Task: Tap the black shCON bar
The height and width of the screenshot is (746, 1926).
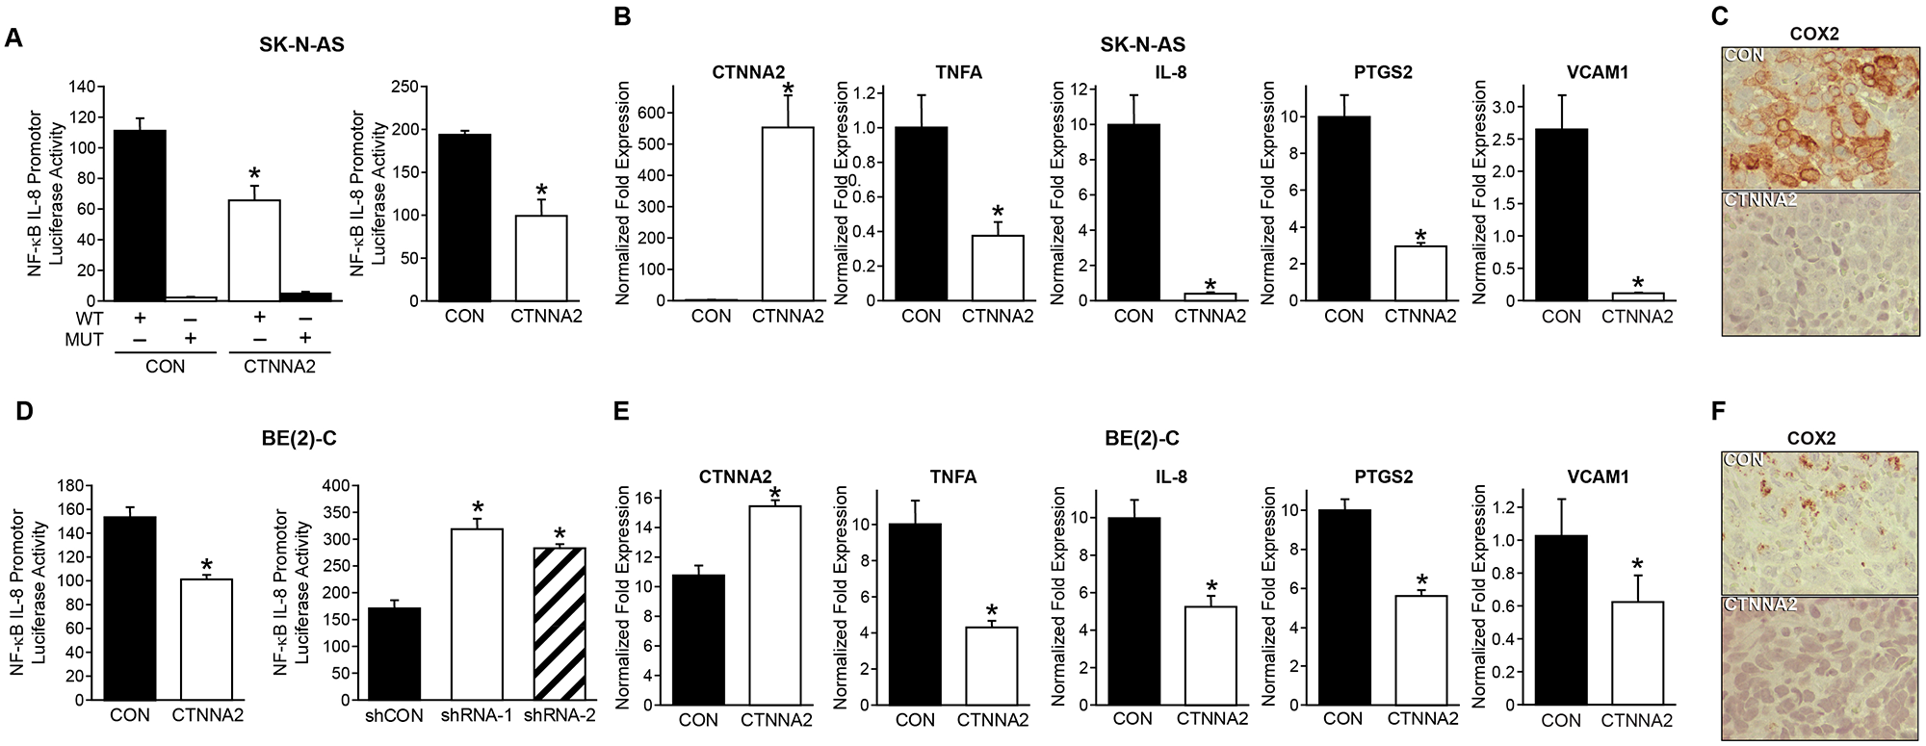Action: (394, 654)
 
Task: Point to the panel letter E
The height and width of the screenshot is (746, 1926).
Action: (622, 411)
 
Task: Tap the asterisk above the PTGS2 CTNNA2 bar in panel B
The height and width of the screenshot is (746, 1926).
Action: (1420, 236)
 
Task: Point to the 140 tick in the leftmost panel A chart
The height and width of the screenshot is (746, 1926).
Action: (82, 88)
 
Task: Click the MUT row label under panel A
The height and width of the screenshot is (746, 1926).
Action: (84, 340)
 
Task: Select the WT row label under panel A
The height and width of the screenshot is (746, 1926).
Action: (89, 319)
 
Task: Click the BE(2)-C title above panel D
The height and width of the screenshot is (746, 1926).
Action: (299, 439)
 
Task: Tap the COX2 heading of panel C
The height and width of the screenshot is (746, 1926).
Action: (1814, 34)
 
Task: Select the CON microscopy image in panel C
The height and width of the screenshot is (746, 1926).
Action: (1819, 117)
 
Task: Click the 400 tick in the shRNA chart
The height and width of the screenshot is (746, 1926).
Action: (334, 486)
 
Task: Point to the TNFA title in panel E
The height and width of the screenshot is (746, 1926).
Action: (952, 476)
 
